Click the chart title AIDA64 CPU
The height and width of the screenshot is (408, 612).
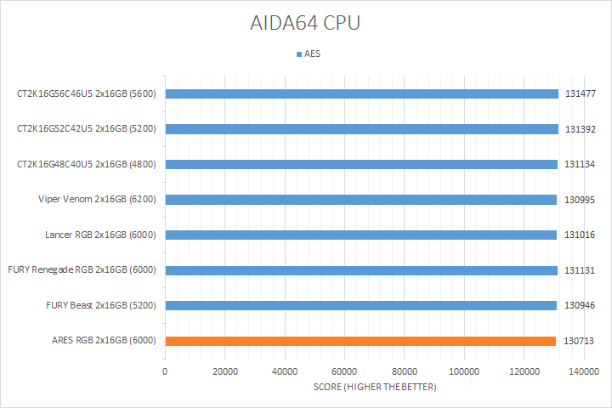click(x=306, y=23)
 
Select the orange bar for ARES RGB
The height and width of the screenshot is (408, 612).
click(x=360, y=341)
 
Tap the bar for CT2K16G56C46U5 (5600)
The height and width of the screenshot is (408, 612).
click(x=361, y=93)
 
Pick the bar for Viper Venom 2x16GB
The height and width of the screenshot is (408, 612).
click(x=360, y=200)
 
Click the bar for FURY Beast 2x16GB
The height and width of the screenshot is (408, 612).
click(x=360, y=305)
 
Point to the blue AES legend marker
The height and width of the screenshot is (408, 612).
click(x=298, y=54)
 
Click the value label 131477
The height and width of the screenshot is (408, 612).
click(x=581, y=93)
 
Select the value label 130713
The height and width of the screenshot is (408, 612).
click(x=579, y=341)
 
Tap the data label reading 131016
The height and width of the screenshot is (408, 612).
click(x=580, y=235)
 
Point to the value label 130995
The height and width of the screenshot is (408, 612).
click(x=580, y=200)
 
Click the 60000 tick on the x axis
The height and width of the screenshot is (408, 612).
click(x=344, y=371)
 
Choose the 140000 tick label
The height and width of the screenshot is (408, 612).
click(x=584, y=371)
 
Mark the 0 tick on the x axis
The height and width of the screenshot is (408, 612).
click(x=165, y=371)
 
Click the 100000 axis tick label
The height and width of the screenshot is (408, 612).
click(x=464, y=371)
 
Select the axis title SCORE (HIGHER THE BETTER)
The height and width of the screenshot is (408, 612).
click(x=374, y=388)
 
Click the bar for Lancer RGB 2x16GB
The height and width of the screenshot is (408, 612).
click(x=360, y=235)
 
